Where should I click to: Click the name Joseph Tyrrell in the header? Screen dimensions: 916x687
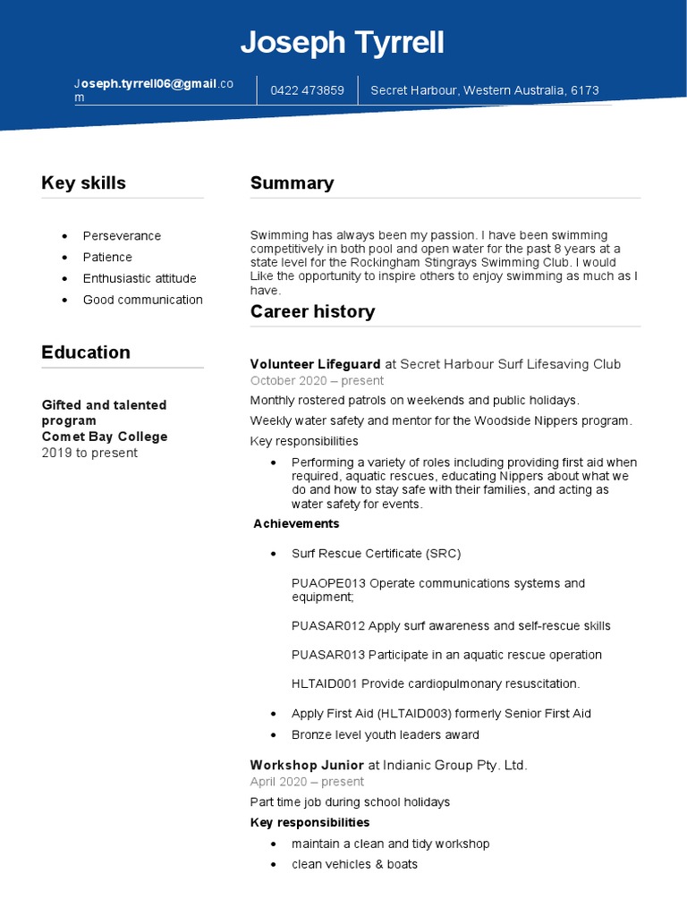[343, 43]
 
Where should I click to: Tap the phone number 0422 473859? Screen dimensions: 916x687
[308, 90]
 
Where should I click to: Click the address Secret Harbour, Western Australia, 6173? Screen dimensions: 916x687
[485, 90]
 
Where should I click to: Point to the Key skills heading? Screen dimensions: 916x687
[83, 183]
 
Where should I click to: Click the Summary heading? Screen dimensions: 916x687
[292, 183]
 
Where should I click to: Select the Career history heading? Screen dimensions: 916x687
[312, 312]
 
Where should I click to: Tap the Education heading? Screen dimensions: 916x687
[86, 352]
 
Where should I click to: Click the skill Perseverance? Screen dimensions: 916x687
[122, 236]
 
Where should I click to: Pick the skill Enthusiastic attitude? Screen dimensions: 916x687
[140, 278]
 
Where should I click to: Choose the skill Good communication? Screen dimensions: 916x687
[143, 300]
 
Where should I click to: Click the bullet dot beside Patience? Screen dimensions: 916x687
[64, 258]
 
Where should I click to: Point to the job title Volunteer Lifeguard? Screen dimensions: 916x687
[315, 364]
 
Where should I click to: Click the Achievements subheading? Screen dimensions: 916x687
[296, 523]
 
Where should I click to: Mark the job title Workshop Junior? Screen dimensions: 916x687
[307, 765]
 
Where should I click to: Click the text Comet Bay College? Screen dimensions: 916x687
[105, 437]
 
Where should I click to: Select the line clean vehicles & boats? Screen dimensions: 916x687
[354, 864]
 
